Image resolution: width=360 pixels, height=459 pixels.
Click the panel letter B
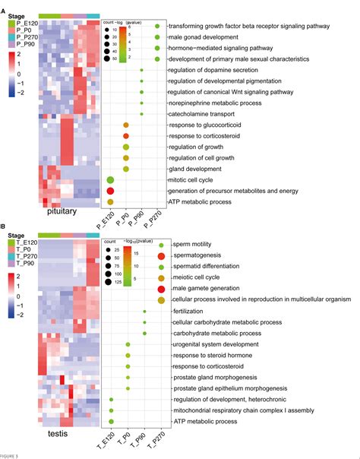(4, 226)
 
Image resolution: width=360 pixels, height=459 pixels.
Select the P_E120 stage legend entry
(23, 24)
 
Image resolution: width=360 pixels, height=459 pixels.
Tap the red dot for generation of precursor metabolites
(111, 190)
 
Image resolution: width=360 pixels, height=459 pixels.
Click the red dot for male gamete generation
(161, 289)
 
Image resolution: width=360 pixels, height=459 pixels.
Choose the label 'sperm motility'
(191, 245)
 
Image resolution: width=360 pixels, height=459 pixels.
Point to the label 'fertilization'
(188, 311)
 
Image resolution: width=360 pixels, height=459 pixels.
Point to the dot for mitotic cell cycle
(111, 179)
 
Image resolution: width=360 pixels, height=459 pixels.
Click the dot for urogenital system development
(128, 344)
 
